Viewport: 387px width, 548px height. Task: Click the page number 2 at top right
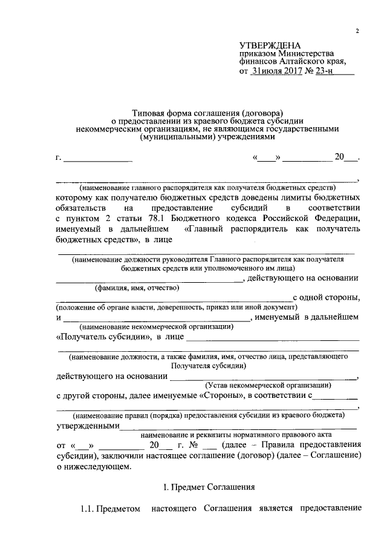pyautogui.click(x=357, y=31)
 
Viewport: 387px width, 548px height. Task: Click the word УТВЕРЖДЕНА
pyautogui.click(x=267, y=45)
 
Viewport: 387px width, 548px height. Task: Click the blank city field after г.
pyautogui.click(x=98, y=159)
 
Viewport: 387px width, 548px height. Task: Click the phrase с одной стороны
pyautogui.click(x=327, y=297)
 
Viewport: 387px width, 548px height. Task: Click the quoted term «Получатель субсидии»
pyautogui.click(x=103, y=337)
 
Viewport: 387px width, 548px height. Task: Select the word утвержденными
pyautogui.click(x=88, y=426)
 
